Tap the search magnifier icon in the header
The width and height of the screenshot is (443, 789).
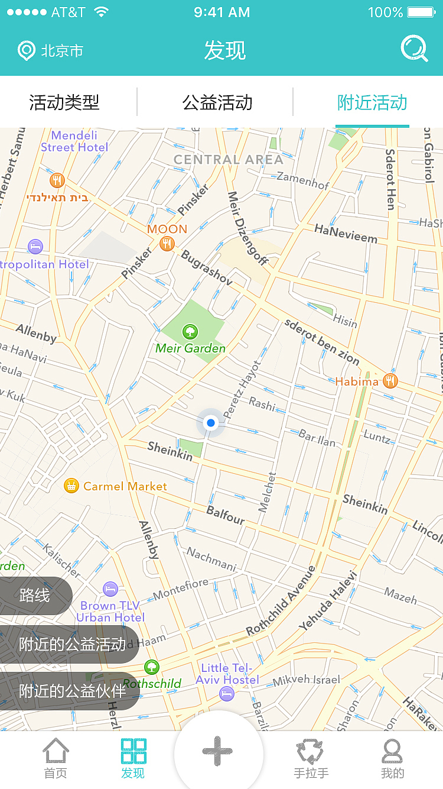pos(414,49)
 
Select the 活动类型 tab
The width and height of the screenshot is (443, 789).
pos(64,102)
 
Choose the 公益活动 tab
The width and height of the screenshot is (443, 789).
pos(217,102)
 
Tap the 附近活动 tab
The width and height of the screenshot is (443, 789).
pos(372,102)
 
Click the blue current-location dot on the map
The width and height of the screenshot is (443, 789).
pos(210,423)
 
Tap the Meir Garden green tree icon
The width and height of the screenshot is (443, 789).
pos(190,332)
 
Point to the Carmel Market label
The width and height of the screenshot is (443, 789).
pos(125,486)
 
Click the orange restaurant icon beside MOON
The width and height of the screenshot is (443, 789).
pos(167,243)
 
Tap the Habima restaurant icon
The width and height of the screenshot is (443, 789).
pos(390,381)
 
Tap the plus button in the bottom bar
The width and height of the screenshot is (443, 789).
pos(217,751)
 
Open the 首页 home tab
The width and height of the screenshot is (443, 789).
pos(56,758)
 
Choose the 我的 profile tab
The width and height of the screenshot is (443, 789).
pos(392,758)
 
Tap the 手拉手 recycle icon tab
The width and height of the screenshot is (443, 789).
pos(311,758)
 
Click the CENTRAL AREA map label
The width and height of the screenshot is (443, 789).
pos(228,159)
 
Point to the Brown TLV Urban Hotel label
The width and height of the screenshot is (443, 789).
pos(110,611)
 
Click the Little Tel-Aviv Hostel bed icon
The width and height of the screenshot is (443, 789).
pos(227,693)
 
